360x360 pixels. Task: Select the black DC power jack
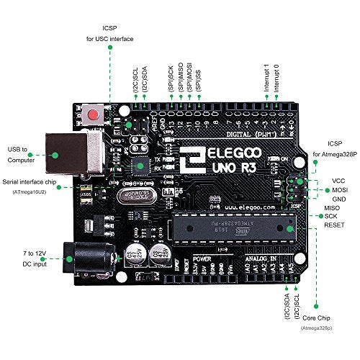click(x=78, y=257)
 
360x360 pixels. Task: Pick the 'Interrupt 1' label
click(x=266, y=76)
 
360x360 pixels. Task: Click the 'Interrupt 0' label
click(x=276, y=76)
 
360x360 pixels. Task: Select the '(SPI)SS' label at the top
click(x=199, y=78)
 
